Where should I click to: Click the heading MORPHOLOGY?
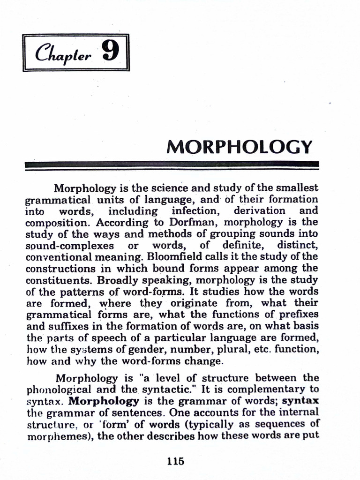[239, 147]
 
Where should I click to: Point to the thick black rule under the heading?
[172, 165]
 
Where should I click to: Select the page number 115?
[176, 461]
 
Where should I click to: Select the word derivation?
[259, 211]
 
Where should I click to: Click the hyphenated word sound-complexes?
[70, 246]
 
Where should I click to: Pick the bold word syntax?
[301, 401]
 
